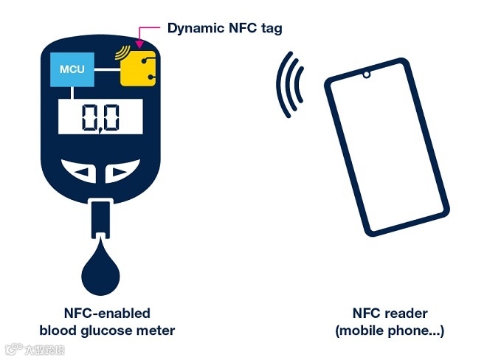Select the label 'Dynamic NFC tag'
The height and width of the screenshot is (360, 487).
(224, 28)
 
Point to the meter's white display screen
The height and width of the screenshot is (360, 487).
(100, 117)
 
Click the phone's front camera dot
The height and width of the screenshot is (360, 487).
(365, 75)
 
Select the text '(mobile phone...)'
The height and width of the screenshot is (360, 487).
(390, 330)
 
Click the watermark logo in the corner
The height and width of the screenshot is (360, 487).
(32, 349)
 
